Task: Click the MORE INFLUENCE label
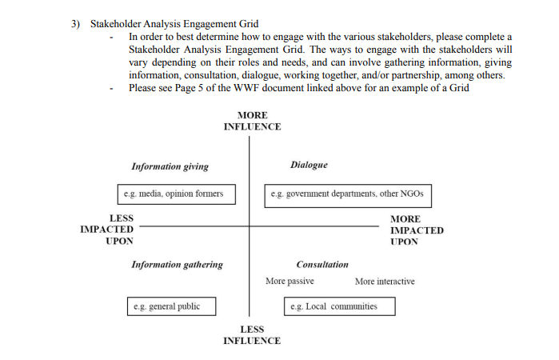252,121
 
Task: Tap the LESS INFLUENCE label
252,335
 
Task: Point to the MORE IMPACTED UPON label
417,230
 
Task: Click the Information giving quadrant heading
170,166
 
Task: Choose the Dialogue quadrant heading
309,165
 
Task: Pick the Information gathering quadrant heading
177,264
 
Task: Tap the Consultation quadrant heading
322,264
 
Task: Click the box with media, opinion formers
174,194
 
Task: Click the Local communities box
341,306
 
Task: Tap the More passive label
289,282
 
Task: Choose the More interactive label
385,282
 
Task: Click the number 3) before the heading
76,24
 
